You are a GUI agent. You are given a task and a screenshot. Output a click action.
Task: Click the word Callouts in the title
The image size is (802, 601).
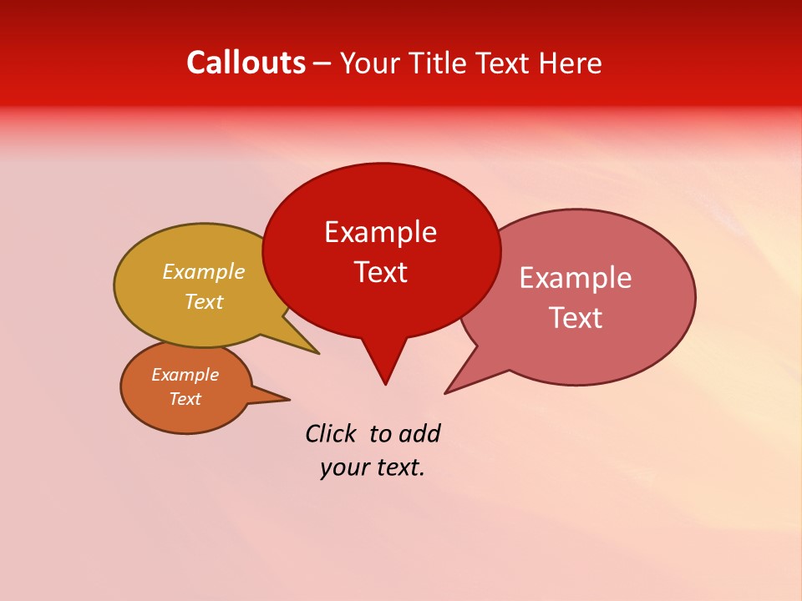(246, 63)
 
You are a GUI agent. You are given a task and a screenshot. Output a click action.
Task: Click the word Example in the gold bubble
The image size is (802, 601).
(204, 271)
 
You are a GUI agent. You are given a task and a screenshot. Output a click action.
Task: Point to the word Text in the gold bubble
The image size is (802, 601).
(204, 301)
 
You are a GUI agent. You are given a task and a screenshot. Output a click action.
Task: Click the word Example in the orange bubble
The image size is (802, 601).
(185, 375)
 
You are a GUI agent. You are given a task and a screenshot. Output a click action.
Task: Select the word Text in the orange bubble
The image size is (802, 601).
(185, 399)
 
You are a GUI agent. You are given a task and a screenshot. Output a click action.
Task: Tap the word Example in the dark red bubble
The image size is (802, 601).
(380, 232)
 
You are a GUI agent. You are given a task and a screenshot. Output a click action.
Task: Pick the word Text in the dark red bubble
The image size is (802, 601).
(380, 272)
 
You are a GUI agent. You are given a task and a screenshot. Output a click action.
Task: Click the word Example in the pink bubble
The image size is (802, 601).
(576, 278)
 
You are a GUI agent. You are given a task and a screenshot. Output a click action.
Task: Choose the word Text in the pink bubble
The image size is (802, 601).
(576, 318)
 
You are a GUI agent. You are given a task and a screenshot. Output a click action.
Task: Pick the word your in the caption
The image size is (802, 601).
(343, 467)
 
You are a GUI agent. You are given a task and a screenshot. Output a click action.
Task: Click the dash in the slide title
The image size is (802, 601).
(322, 63)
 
